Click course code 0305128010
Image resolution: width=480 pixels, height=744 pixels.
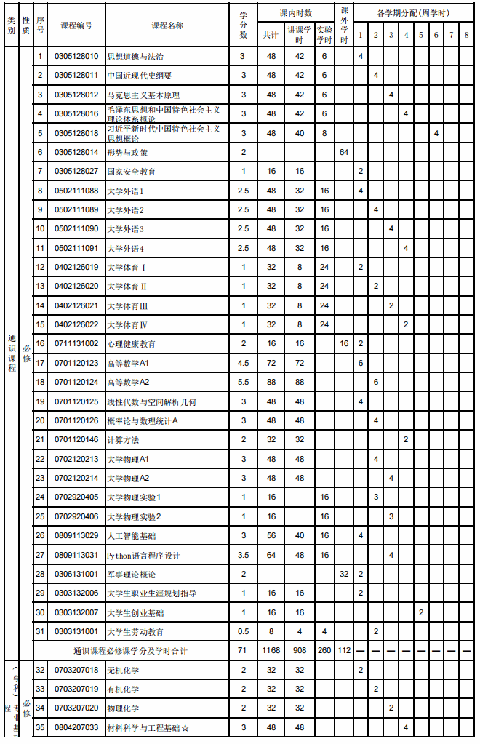pos(76,56)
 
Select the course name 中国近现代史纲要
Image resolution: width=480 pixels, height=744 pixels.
pos(140,75)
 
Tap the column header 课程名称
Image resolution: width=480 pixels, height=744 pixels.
pos(167,25)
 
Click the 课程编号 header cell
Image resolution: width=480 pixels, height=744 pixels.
pos(76,25)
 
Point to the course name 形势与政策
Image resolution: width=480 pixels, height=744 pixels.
pos(127,152)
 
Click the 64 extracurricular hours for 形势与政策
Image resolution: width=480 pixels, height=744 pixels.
pos(344,152)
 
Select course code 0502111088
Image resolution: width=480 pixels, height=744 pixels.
pos(76,191)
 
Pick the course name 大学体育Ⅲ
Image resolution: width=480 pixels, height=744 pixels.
pos(127,305)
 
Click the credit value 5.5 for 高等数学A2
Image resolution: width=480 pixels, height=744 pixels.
pos(244,382)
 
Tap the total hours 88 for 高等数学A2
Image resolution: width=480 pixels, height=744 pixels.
pos(271,382)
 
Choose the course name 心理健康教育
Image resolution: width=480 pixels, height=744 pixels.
pos(131,343)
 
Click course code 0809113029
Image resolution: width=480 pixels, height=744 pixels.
pos(76,535)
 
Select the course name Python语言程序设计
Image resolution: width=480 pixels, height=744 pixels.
pos(143,555)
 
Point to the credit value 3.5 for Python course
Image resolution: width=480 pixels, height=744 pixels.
pos(244,555)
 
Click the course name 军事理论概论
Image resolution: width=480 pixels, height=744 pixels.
pos(131,574)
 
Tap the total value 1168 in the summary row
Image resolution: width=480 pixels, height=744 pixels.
pos(271,650)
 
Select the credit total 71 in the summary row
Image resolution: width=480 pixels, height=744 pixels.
pos(244,650)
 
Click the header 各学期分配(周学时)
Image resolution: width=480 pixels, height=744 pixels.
pos(413,14)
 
